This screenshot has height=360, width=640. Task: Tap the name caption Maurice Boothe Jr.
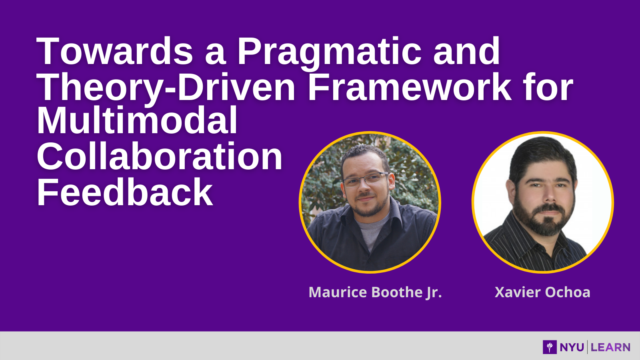(x=375, y=292)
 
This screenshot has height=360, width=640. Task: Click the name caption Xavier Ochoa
(x=542, y=292)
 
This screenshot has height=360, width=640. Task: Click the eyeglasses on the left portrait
(x=366, y=180)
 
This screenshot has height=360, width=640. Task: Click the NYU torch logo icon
(x=550, y=347)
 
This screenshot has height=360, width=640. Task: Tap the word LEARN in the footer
(x=610, y=348)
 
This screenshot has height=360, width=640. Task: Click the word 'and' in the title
(x=466, y=52)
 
